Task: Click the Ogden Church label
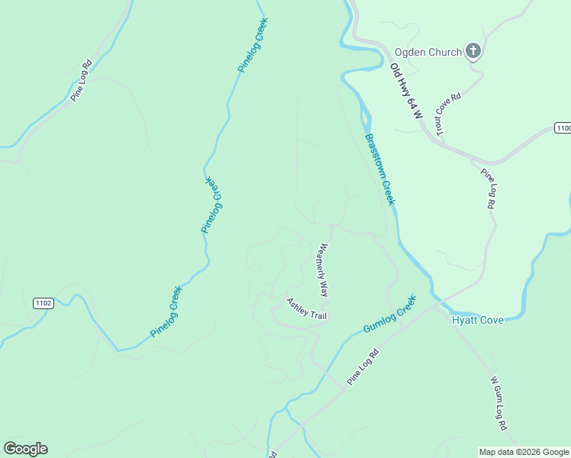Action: coord(427,52)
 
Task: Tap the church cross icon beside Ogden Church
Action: coord(473,51)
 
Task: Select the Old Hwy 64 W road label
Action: coord(405,91)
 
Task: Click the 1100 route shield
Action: coord(563,128)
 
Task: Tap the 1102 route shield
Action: coord(44,303)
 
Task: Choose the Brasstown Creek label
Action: coord(379,169)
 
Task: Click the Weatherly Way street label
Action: coord(323,269)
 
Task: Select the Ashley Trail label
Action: coord(306,309)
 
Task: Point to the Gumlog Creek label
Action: coord(389,314)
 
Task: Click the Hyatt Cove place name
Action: coord(477,320)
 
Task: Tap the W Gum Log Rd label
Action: coord(498,402)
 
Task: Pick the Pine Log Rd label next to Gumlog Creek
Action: coord(363,366)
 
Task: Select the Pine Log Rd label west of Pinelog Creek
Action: coord(81,80)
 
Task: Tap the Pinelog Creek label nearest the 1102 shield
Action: coord(166,311)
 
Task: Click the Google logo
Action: coord(25,449)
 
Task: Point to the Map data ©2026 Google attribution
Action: coord(524,452)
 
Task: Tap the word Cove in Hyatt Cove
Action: coord(491,320)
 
